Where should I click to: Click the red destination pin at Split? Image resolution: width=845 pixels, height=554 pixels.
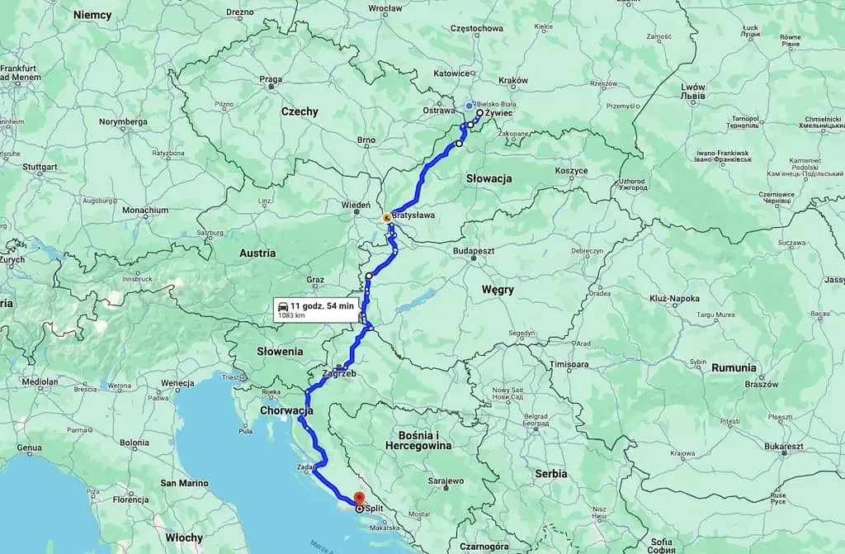tap(359, 498)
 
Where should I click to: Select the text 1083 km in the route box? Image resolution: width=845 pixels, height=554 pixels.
tap(290, 315)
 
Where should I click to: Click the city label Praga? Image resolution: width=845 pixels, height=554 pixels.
tap(271, 80)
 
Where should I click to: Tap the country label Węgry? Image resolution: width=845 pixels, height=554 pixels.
tap(498, 290)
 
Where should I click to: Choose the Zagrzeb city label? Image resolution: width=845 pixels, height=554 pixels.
tap(344, 373)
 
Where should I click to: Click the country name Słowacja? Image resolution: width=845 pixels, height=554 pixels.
tap(489, 178)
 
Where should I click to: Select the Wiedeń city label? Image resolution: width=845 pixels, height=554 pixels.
tap(356, 204)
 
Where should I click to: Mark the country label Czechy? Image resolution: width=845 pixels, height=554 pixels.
tap(299, 111)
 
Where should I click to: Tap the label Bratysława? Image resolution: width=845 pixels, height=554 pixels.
tap(413, 215)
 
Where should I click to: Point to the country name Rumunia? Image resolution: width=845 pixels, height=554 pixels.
tap(733, 367)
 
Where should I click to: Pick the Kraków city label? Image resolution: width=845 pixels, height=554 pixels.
tap(512, 80)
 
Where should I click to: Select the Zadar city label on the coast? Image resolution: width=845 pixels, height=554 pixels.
tap(300, 467)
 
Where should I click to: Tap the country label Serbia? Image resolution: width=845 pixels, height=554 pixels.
tap(550, 474)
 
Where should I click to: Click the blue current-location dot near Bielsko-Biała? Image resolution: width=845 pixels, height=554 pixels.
tap(469, 106)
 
